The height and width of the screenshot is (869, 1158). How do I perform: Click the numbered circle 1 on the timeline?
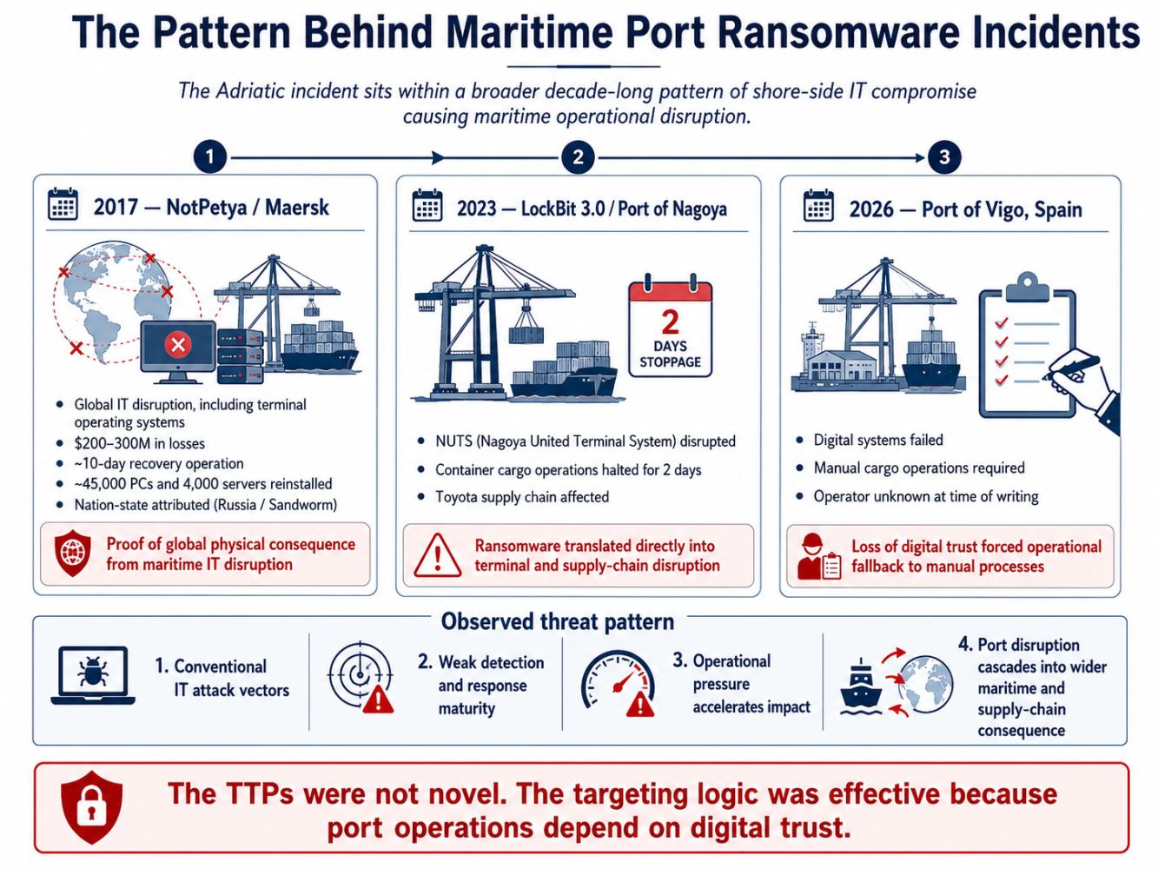point(210,156)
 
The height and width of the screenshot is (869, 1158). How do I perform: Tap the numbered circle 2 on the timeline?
point(578,156)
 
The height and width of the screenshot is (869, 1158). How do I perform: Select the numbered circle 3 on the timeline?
point(943,156)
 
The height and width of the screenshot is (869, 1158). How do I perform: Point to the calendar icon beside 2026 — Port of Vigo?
point(818,206)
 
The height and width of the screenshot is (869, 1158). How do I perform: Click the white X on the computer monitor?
point(178,345)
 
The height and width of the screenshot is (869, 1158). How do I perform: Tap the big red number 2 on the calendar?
point(670,322)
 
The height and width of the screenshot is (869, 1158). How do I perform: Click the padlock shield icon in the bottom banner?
point(92,807)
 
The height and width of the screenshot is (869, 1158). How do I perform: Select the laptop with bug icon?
point(93,675)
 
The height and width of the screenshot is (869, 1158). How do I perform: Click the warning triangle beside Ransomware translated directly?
point(437,555)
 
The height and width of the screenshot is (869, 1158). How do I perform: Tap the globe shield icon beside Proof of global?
point(73,553)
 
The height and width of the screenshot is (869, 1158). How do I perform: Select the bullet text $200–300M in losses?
point(139,443)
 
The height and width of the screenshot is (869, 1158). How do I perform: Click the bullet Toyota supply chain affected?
point(522,496)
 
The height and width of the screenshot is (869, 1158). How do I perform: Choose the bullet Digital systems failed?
point(878,440)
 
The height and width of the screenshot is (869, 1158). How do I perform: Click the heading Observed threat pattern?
point(558,621)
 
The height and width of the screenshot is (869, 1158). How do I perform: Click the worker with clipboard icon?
point(819,557)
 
